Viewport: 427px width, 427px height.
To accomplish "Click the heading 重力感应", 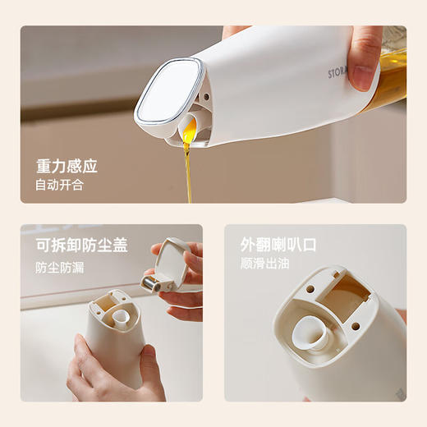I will (x=67, y=166).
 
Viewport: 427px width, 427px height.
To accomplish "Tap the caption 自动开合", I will (x=59, y=185).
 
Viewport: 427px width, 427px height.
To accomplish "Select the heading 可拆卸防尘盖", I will (x=81, y=246).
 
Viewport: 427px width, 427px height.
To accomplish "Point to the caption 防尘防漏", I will (x=59, y=267).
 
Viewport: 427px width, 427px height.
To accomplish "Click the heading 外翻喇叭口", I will (x=278, y=246).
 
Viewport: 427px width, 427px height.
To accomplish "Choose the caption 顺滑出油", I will (x=266, y=264).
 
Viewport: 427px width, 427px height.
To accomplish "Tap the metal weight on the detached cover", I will (x=151, y=283).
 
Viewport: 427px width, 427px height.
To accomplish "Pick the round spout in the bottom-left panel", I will (x=121, y=315).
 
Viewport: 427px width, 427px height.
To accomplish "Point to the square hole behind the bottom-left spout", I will (x=107, y=305).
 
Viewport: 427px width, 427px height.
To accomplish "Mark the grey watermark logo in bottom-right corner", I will (x=394, y=394).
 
